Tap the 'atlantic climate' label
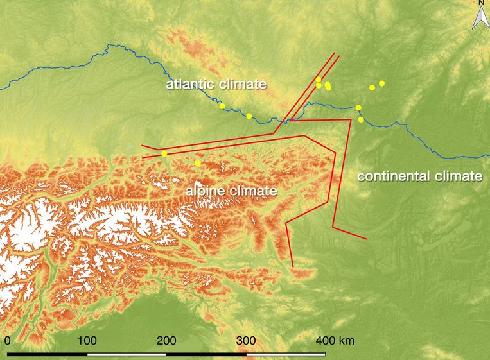[x=216, y=84]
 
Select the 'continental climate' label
[x=419, y=176]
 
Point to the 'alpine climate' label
[x=231, y=191]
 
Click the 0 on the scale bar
[x=7, y=340]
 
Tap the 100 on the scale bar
[x=87, y=340]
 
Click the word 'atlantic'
[x=189, y=84]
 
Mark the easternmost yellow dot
[x=381, y=83]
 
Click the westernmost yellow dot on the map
[x=164, y=154]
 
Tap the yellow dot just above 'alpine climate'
[x=198, y=164]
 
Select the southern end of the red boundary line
[x=293, y=266]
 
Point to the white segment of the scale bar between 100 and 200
[x=127, y=353]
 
